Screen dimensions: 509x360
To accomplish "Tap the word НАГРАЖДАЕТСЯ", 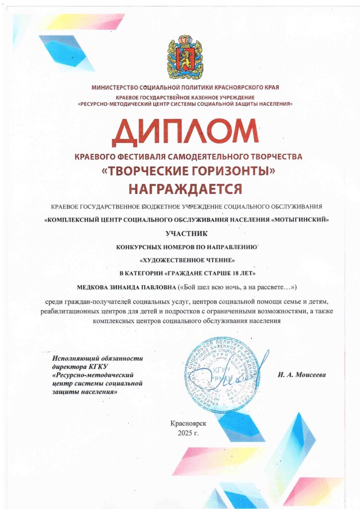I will click(185, 189).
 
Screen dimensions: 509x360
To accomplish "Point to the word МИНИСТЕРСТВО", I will click(118, 87).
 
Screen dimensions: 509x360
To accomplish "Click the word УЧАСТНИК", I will click(184, 232).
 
